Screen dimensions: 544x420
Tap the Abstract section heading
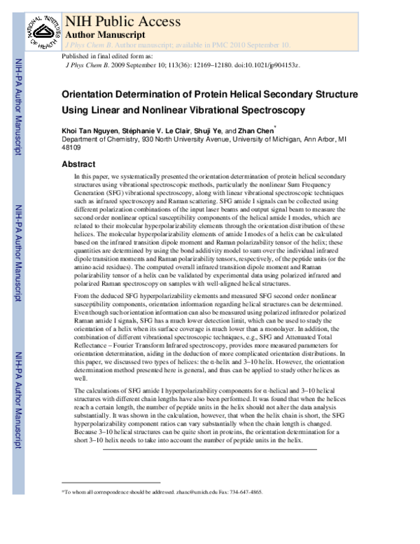[78, 164]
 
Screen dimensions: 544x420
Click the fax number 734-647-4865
[245, 493]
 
